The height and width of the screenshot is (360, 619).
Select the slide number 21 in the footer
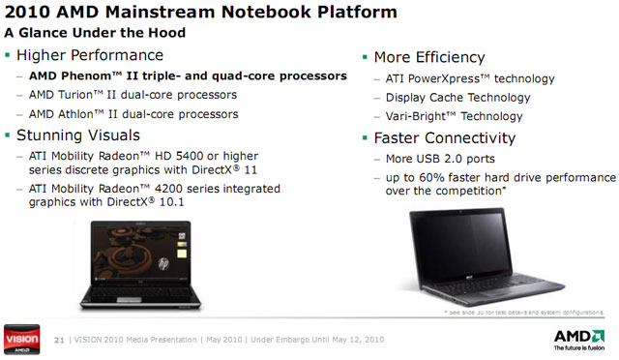tap(59, 340)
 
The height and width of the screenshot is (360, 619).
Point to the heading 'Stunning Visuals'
tap(85, 135)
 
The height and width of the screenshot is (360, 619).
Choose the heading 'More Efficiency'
tap(428, 57)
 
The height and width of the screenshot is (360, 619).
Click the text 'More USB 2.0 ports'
tap(433, 158)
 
